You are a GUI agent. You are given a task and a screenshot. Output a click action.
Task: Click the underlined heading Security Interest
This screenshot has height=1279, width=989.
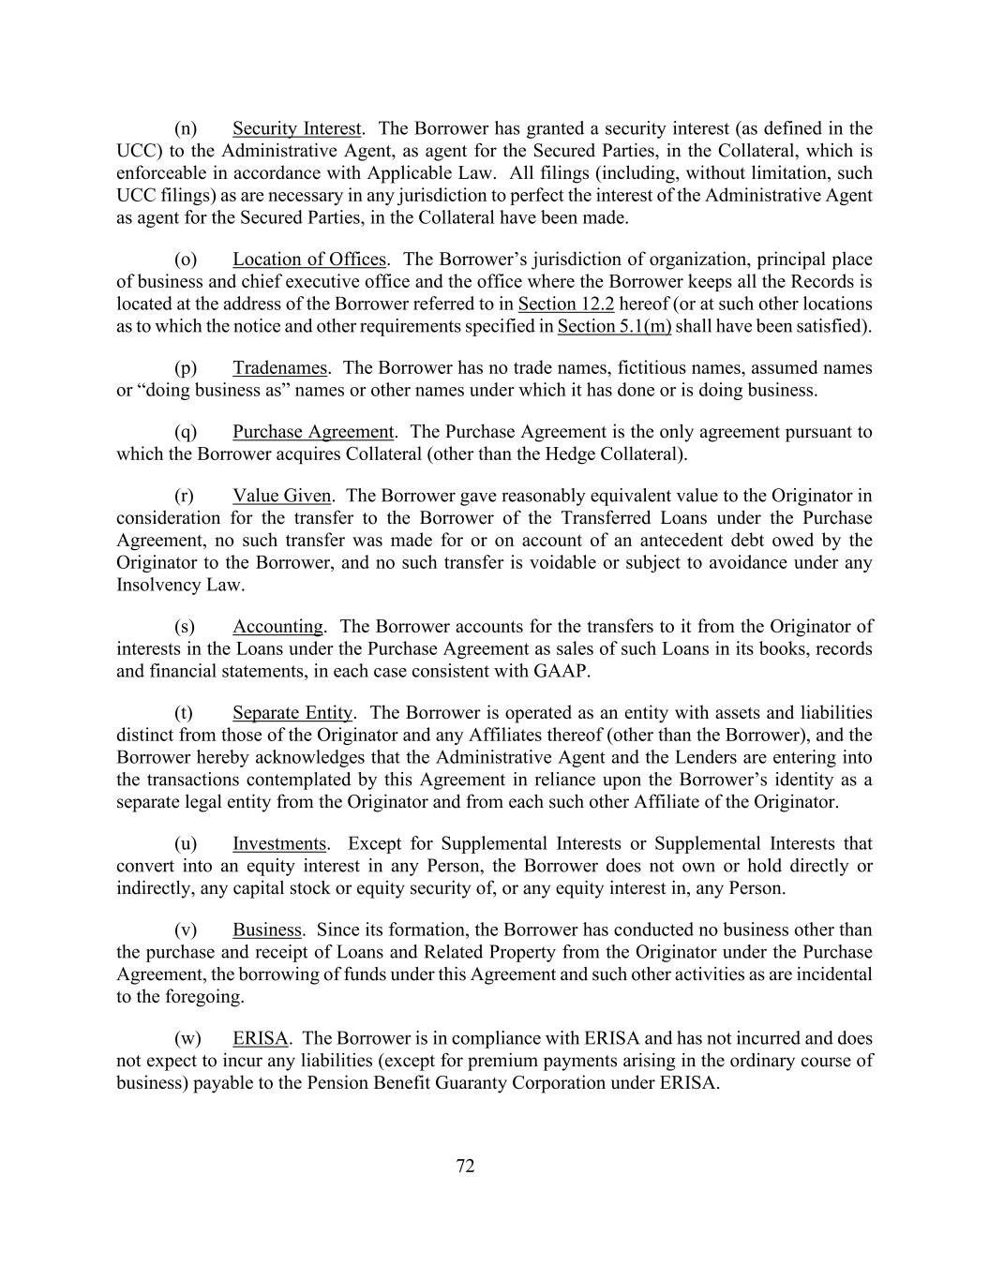[x=296, y=128]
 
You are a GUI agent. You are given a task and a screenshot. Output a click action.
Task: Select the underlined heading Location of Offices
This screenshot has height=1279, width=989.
[x=309, y=260]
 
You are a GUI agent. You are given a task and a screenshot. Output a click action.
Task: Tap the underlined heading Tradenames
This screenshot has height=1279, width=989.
[x=279, y=368]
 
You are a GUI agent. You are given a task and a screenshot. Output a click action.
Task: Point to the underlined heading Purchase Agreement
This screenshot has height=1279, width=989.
[x=313, y=432]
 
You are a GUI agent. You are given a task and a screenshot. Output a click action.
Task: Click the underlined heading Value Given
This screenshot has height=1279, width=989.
[x=281, y=496]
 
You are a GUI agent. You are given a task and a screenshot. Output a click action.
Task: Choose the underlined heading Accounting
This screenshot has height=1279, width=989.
[x=277, y=627]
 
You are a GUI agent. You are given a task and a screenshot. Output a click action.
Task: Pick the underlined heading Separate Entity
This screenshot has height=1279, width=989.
[x=292, y=713]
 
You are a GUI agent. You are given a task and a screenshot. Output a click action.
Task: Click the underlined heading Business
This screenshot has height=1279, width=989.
[x=267, y=930]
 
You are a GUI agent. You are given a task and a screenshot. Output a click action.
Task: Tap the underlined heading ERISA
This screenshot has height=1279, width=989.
[x=260, y=1039]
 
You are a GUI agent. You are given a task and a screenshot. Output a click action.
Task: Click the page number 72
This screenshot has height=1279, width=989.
[x=465, y=1167]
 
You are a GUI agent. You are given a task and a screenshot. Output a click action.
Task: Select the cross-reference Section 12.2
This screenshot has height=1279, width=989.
[x=565, y=305]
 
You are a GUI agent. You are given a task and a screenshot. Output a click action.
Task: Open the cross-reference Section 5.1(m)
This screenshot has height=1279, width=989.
[x=614, y=327]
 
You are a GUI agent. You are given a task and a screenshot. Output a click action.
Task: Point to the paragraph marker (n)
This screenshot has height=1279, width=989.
[x=186, y=128]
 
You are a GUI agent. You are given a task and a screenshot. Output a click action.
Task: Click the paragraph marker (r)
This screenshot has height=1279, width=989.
[x=185, y=496]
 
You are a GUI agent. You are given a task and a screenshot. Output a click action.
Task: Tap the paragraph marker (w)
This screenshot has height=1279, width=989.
[x=187, y=1039]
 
